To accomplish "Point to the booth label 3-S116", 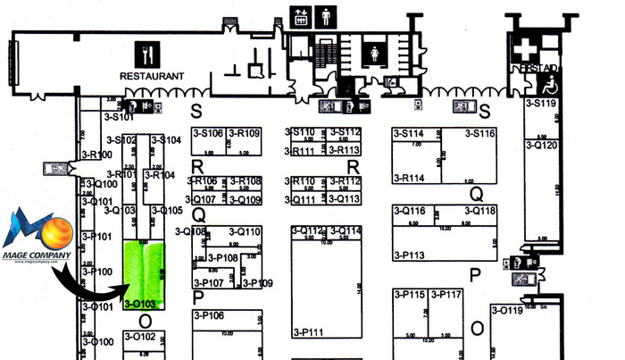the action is [x=476, y=133].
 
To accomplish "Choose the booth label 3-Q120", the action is [x=542, y=144].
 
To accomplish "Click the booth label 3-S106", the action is [x=207, y=133].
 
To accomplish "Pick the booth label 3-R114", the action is [x=409, y=178].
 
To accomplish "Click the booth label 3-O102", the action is [x=139, y=336].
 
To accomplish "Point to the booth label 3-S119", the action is [x=541, y=104].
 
